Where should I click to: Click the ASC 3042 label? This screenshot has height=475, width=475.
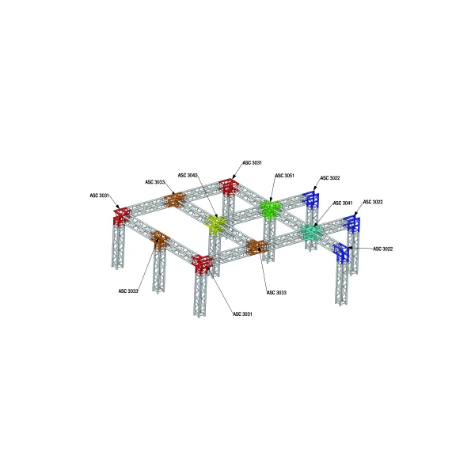pyautogui.click(x=188, y=176)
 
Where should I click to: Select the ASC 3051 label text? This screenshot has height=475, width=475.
pyautogui.click(x=284, y=176)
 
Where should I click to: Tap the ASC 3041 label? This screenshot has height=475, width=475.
pyautogui.click(x=343, y=203)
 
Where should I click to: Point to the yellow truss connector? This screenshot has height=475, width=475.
pyautogui.click(x=216, y=224)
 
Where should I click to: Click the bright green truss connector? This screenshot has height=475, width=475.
pyautogui.click(x=271, y=208)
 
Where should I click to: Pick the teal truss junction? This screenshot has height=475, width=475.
pyautogui.click(x=313, y=233)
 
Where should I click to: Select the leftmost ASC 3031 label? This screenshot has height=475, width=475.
pyautogui.click(x=100, y=196)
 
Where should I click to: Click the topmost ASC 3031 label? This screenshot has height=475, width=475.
pyautogui.click(x=252, y=162)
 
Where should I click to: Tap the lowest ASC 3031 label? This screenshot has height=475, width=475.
pyautogui.click(x=242, y=313)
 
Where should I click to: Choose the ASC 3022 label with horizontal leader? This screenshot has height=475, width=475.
pyautogui.click(x=383, y=249)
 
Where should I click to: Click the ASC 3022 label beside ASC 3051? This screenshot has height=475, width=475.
pyautogui.click(x=330, y=178)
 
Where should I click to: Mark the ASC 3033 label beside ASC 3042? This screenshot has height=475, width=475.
pyautogui.click(x=155, y=182)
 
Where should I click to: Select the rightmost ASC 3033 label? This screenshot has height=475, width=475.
pyautogui.click(x=276, y=292)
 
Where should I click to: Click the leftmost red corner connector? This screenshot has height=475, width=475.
pyautogui.click(x=122, y=216)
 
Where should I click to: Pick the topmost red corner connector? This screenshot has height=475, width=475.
pyautogui.click(x=230, y=186)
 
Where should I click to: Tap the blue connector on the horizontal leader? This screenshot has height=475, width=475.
pyautogui.click(x=342, y=253)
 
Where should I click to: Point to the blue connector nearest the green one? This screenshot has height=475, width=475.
pyautogui.click(x=311, y=199)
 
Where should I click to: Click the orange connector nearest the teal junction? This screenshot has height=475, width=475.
pyautogui.click(x=256, y=247)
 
